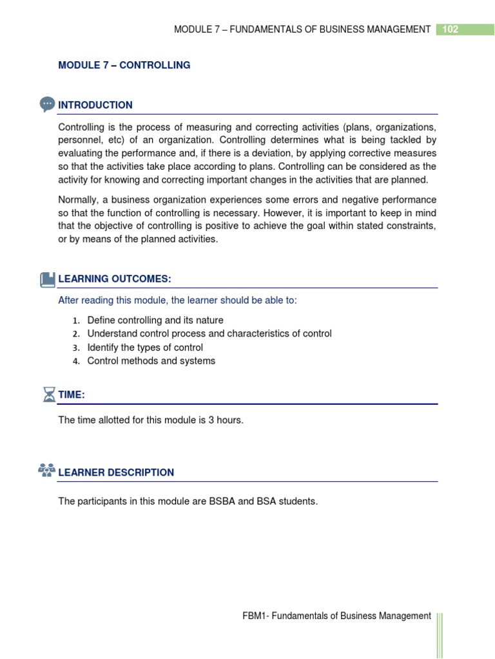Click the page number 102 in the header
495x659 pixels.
(x=451, y=29)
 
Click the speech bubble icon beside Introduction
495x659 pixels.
(x=47, y=104)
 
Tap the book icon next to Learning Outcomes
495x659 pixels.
(x=48, y=279)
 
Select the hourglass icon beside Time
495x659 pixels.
(x=48, y=394)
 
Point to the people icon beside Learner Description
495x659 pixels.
(x=47, y=470)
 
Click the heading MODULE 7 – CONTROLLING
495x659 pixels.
(x=124, y=65)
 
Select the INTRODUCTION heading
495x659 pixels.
(x=95, y=105)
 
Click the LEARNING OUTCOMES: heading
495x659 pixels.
(x=115, y=279)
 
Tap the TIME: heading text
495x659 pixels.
(x=72, y=394)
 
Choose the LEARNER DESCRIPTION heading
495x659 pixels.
(x=116, y=472)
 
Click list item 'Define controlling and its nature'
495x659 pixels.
(x=155, y=320)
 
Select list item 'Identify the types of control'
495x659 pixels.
(x=145, y=348)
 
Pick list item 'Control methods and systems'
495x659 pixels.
(x=151, y=361)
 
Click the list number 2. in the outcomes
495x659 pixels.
(x=75, y=334)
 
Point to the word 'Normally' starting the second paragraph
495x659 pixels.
(x=77, y=200)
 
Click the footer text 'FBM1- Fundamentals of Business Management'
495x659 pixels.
(x=333, y=616)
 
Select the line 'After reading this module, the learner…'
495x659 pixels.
(x=178, y=301)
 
